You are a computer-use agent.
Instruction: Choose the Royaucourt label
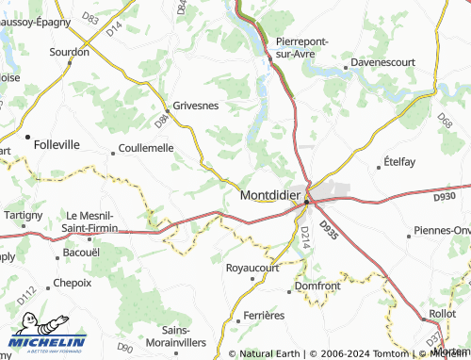click(x=253, y=267)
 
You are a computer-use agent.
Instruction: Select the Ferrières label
click(x=263, y=314)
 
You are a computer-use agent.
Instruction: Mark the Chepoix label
click(x=73, y=282)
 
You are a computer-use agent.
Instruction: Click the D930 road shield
click(x=446, y=195)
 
